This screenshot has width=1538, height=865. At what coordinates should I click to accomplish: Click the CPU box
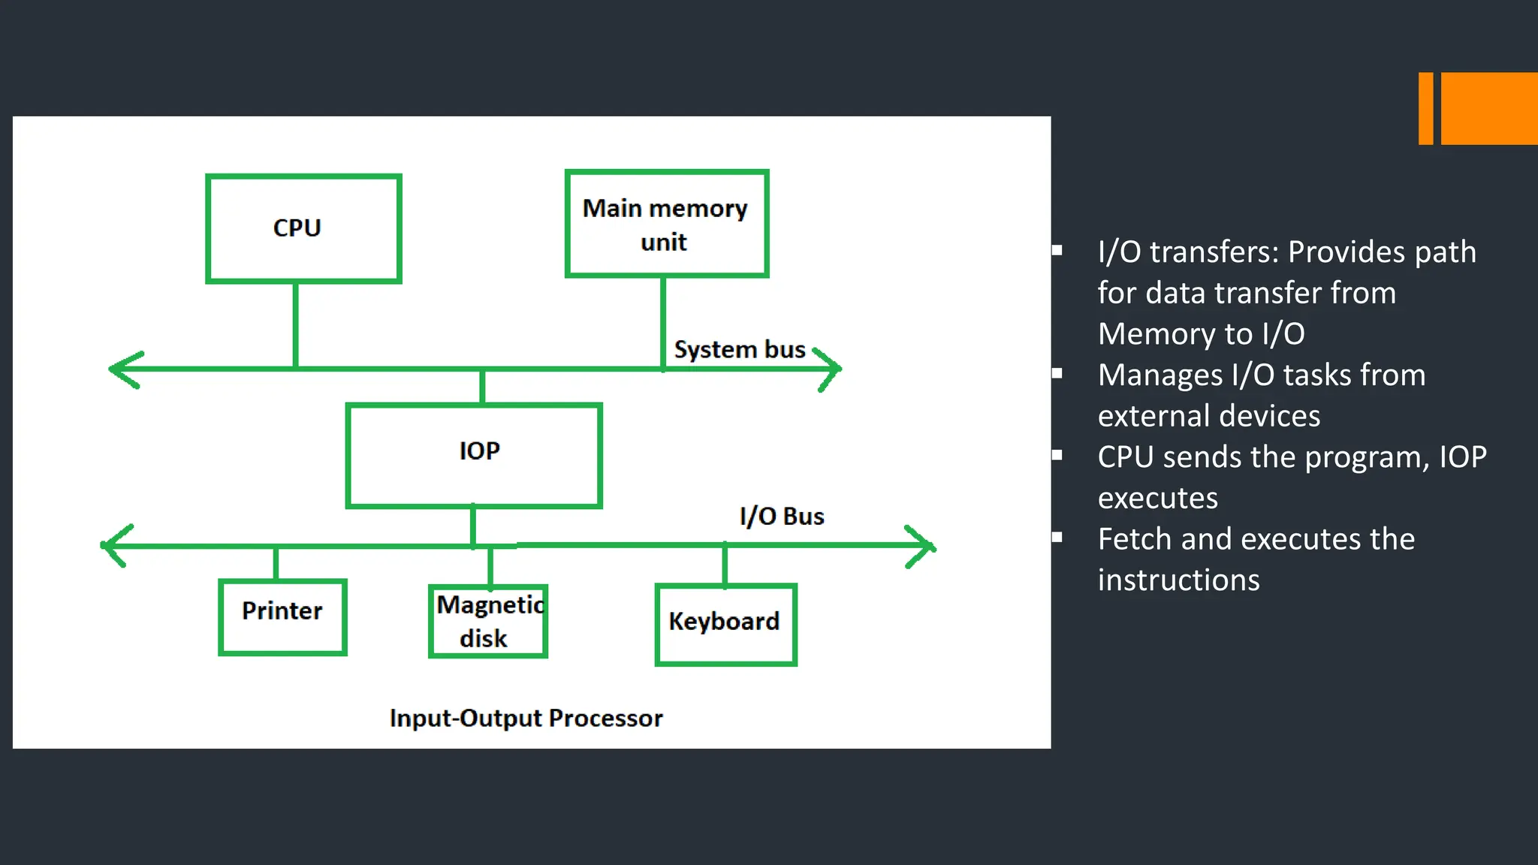pyautogui.click(x=303, y=228)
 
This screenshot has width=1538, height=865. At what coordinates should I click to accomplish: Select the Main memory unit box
pyautogui.click(x=666, y=224)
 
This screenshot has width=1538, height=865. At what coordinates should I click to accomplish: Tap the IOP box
pyautogui.click(x=474, y=455)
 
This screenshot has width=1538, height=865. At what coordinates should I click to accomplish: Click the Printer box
pyautogui.click(x=282, y=616)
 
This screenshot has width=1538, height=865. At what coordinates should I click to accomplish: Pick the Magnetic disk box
pyautogui.click(x=488, y=621)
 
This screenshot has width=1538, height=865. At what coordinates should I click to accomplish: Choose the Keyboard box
pyautogui.click(x=725, y=624)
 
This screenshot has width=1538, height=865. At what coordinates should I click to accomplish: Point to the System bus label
pyautogui.click(x=739, y=350)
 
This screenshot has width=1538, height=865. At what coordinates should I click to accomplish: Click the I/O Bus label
pyautogui.click(x=781, y=517)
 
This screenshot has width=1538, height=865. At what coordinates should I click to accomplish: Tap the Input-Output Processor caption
pyautogui.click(x=526, y=718)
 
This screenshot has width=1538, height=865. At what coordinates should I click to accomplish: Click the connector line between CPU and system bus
pyautogui.click(x=296, y=324)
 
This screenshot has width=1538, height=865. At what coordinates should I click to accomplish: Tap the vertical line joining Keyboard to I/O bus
pyautogui.click(x=725, y=565)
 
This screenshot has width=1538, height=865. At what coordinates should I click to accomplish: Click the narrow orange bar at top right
pyautogui.click(x=1425, y=108)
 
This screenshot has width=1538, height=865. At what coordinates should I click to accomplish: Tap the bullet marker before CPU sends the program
pyautogui.click(x=1057, y=454)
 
